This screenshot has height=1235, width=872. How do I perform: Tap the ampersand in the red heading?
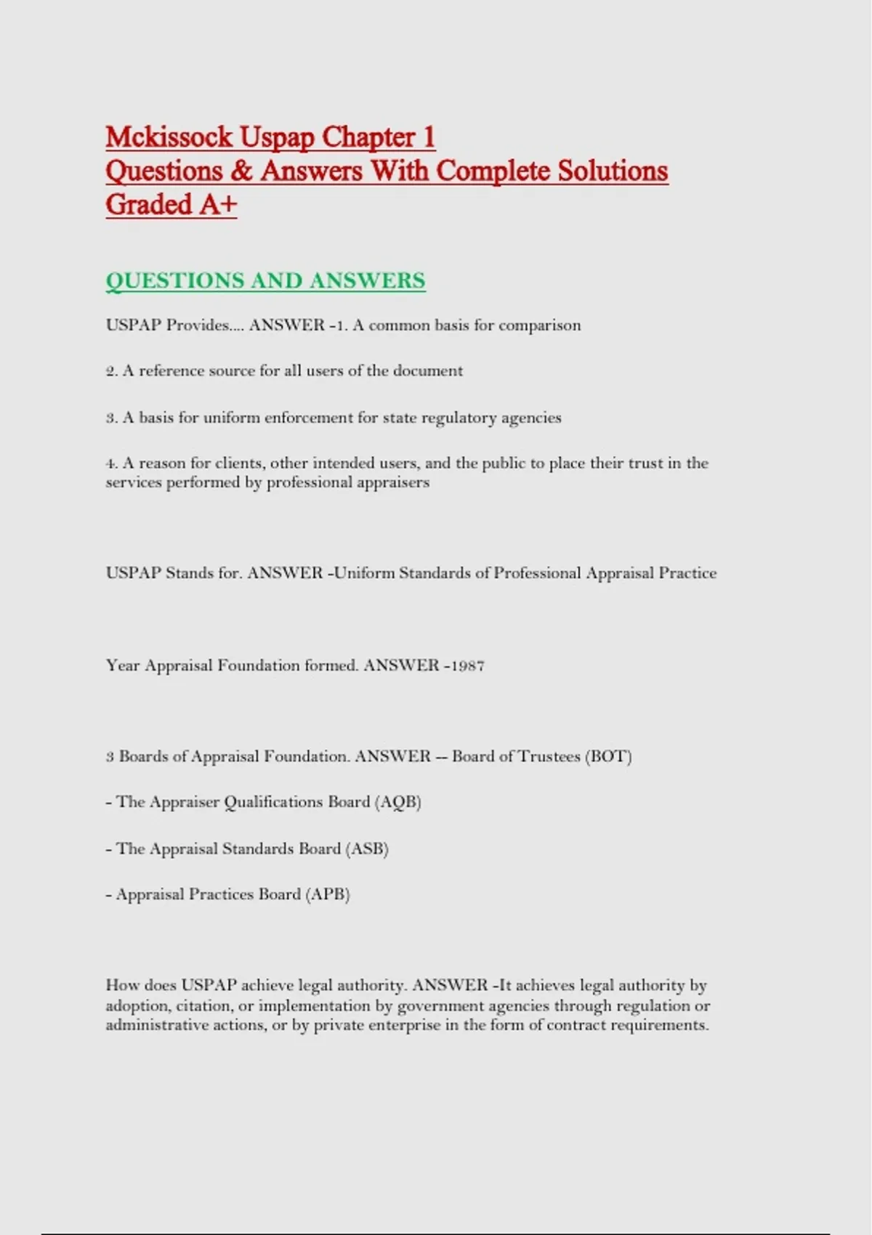(x=241, y=171)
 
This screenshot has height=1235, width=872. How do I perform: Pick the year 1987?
(x=468, y=665)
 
